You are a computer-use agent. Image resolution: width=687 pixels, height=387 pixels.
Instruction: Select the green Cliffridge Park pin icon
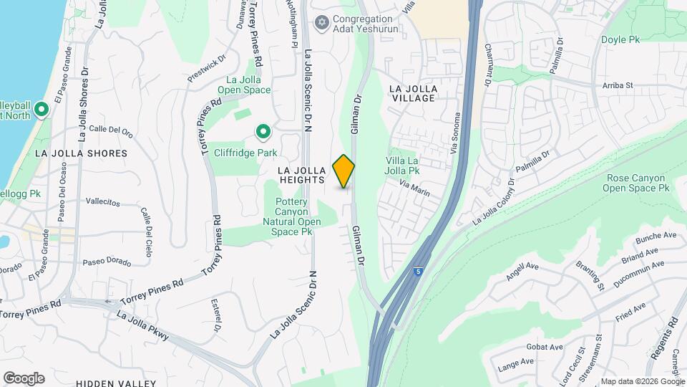[x=263, y=132]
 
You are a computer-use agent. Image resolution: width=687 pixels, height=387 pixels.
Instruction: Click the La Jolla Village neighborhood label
[x=413, y=92]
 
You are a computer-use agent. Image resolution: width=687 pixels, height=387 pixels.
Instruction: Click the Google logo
[x=24, y=378]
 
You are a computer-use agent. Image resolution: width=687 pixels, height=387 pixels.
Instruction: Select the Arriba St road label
[x=618, y=85]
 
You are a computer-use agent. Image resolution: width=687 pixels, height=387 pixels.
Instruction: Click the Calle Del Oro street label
[x=111, y=130]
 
